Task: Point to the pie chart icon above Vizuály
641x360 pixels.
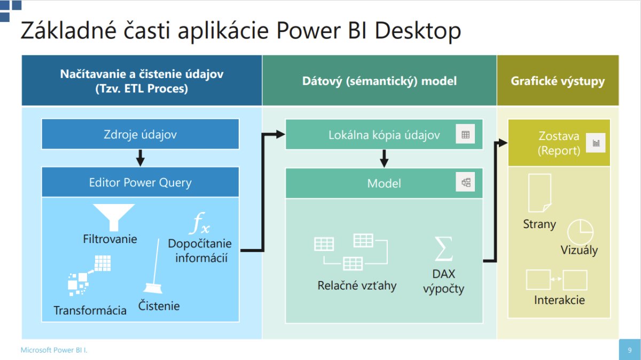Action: point(580,232)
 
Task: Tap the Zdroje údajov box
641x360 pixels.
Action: point(140,135)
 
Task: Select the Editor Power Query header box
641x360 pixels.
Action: point(140,182)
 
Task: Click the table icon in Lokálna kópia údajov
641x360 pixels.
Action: point(465,135)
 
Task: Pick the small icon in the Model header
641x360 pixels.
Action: point(465,183)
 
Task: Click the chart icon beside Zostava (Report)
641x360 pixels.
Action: point(596,143)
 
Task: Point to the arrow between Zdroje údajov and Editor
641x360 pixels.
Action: point(140,158)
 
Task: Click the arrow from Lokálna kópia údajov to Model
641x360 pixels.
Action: point(384,158)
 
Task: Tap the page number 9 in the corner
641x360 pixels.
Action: point(629,350)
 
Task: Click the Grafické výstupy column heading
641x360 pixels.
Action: point(558,81)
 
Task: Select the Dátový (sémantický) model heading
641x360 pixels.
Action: point(379,81)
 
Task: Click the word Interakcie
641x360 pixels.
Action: point(559,300)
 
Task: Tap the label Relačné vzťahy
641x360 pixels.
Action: point(357,286)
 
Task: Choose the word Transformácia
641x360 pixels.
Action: point(90,310)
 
